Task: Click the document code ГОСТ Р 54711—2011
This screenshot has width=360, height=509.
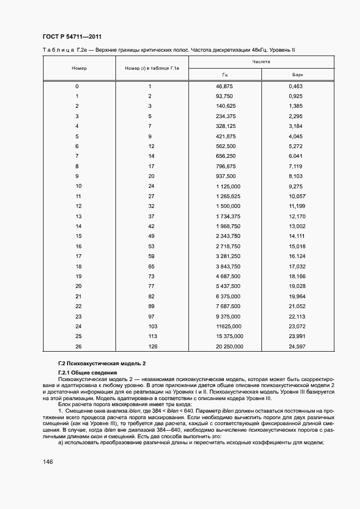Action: [72, 36]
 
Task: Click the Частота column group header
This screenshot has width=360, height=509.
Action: [261, 62]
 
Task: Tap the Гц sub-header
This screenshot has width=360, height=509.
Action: [225, 74]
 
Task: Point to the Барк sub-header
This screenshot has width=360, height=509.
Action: [297, 74]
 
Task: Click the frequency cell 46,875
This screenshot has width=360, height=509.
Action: [225, 87]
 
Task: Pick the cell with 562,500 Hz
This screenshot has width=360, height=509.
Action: [225, 146]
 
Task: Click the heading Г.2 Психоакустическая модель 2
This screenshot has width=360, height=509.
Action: [102, 363]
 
